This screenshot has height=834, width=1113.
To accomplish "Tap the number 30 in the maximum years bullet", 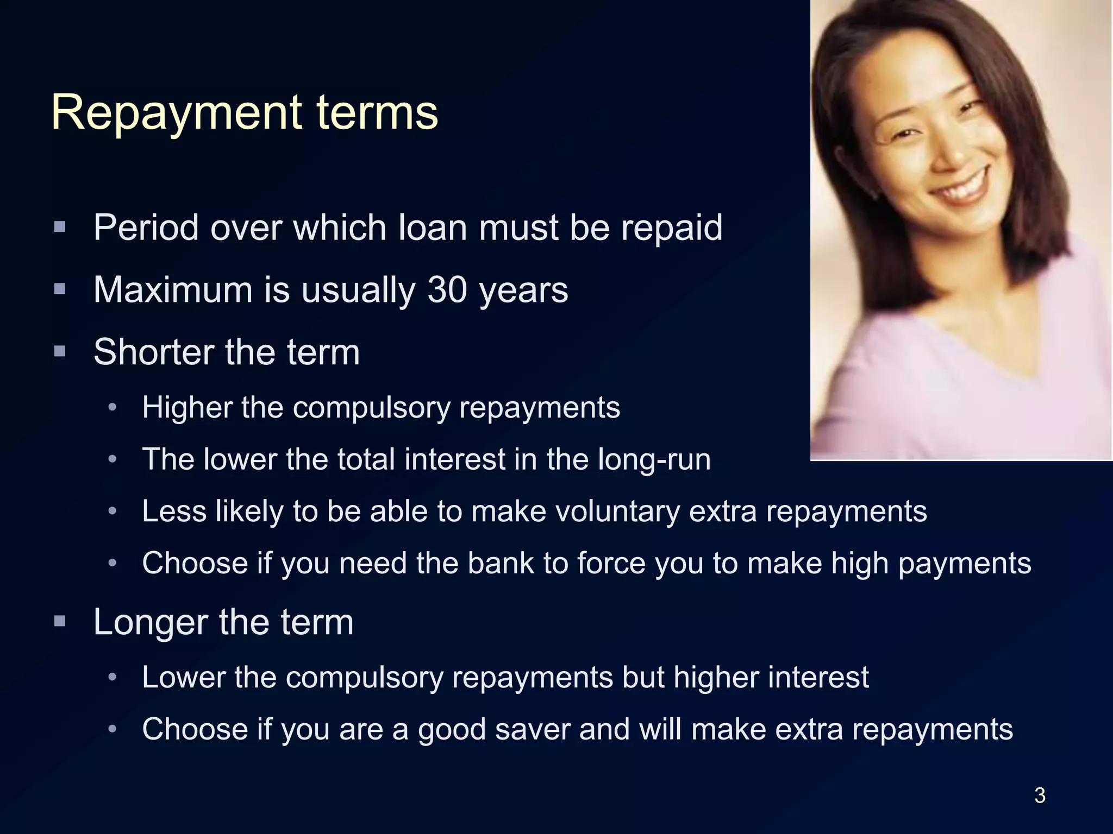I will [447, 290].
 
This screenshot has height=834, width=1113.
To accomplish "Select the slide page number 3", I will [1040, 795].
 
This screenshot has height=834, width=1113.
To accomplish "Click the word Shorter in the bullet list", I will [154, 352].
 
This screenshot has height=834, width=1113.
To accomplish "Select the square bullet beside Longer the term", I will [60, 620].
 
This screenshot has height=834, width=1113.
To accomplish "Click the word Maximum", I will [173, 290].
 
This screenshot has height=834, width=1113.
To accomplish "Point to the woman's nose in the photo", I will [948, 147].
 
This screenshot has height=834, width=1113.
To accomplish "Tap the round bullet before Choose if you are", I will [112, 729].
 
